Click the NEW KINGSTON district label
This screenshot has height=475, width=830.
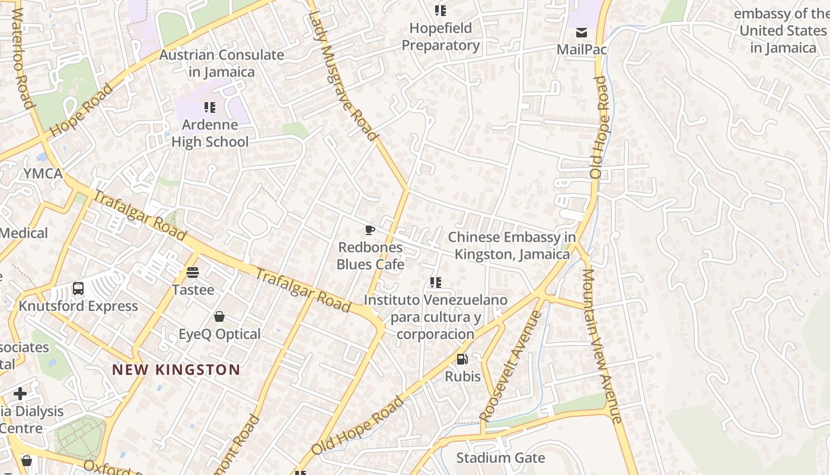point(176,370)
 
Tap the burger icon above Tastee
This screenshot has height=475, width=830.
point(192,273)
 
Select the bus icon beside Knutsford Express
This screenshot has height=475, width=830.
point(78,289)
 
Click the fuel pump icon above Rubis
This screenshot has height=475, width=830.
point(462,359)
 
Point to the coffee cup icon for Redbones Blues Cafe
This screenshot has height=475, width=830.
point(370,230)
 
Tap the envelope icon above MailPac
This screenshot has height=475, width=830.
point(582,32)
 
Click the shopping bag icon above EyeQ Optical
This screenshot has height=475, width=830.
point(219,316)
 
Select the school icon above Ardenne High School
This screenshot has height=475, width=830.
point(209,107)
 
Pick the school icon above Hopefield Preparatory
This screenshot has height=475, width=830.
point(440,11)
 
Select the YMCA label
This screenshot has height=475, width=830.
point(43,173)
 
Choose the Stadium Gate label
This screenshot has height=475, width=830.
point(500,458)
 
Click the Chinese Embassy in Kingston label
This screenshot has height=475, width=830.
point(512,246)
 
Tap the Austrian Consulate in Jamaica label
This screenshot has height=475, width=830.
point(221,64)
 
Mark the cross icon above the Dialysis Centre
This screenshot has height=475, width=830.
point(20,394)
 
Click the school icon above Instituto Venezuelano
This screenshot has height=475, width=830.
point(436,283)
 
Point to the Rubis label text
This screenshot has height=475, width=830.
point(463,376)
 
